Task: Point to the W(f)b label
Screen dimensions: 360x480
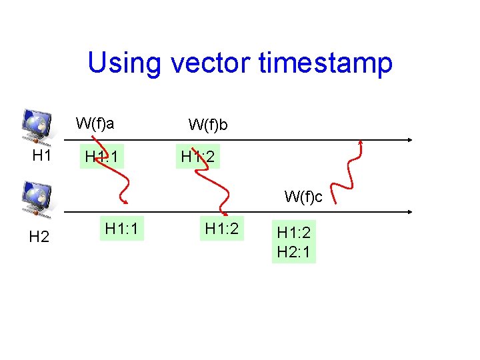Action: (209, 125)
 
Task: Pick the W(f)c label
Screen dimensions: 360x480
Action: (303, 197)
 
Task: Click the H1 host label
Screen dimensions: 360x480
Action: (43, 156)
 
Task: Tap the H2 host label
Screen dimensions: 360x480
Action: (39, 237)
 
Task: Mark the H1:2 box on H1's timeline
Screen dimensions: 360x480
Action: (199, 157)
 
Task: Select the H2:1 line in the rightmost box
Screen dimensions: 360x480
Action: (294, 252)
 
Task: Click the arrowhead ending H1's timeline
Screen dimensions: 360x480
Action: (409, 140)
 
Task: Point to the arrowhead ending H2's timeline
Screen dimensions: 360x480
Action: (409, 211)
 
